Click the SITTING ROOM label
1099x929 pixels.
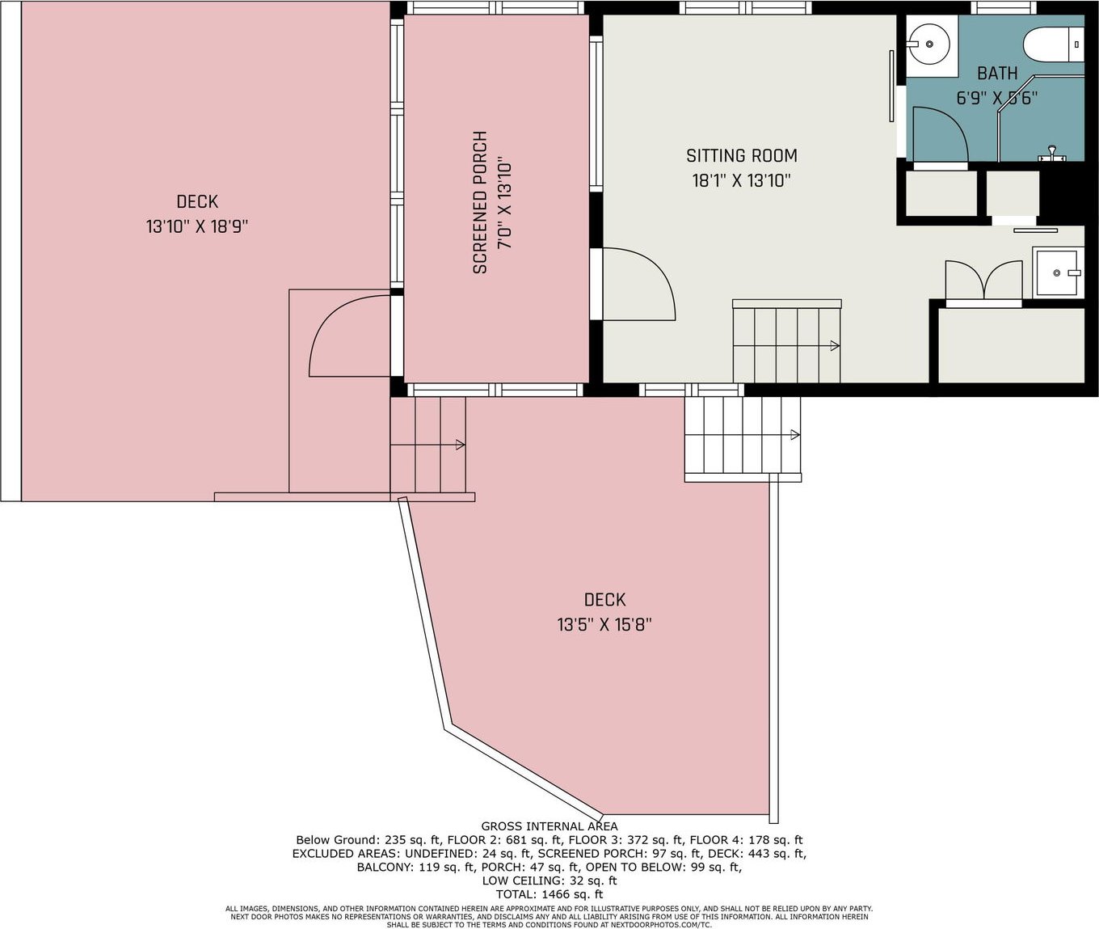pyautogui.click(x=741, y=156)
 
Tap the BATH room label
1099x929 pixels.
pyautogui.click(x=997, y=74)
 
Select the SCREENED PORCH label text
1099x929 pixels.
pyautogui.click(x=480, y=202)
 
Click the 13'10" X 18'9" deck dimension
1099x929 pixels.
pyautogui.click(x=197, y=227)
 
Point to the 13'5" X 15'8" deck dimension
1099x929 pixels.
pyautogui.click(x=604, y=625)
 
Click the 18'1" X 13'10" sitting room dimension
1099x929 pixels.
pyautogui.click(x=741, y=181)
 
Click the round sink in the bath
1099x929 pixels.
pyautogui.click(x=929, y=44)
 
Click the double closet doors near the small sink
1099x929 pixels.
pyautogui.click(x=983, y=281)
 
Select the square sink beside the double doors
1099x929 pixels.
pyautogui.click(x=1058, y=272)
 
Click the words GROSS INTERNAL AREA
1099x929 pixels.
pyautogui.click(x=549, y=826)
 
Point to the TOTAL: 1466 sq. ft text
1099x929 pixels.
pyautogui.click(x=549, y=893)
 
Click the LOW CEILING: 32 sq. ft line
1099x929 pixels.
pyautogui.click(x=549, y=880)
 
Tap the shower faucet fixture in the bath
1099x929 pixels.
pyautogui.click(x=1051, y=154)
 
